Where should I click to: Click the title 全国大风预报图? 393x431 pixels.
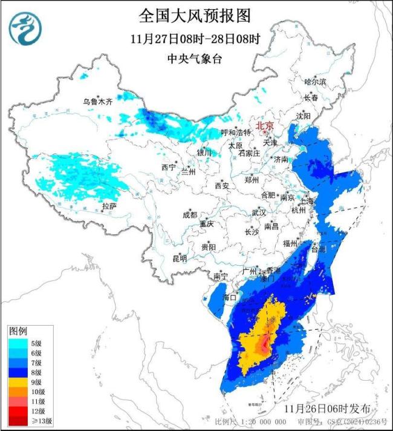(x=195, y=15)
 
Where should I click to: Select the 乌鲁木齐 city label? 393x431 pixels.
(x=98, y=102)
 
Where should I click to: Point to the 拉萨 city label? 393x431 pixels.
(x=109, y=206)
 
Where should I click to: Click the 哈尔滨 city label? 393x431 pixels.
(x=315, y=81)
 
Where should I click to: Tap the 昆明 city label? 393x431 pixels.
(x=180, y=258)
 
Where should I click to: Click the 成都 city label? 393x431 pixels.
(x=190, y=215)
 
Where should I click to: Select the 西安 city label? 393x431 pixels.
(x=222, y=186)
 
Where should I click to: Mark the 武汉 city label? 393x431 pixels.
(x=259, y=212)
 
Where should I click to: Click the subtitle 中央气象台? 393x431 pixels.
(x=195, y=59)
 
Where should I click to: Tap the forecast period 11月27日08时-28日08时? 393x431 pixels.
(x=195, y=39)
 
